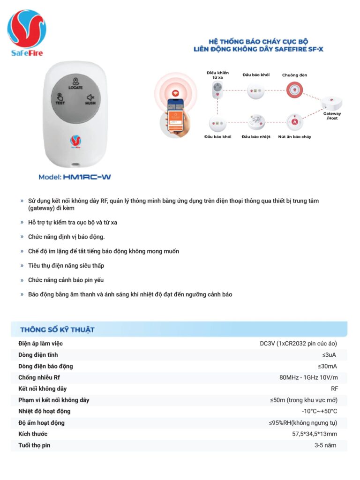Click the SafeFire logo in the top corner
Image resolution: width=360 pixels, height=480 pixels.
click(x=27, y=33)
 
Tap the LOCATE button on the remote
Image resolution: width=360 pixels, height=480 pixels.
click(x=75, y=83)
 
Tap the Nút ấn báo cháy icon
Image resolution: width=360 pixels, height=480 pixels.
click(x=294, y=122)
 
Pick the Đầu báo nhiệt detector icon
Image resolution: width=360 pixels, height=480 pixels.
click(x=256, y=122)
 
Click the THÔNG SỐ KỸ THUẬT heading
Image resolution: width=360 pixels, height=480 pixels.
click(x=57, y=330)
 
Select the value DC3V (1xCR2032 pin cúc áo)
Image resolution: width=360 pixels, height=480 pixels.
click(x=298, y=344)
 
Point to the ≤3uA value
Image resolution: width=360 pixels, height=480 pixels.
click(x=329, y=355)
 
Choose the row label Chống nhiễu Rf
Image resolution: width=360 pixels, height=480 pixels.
click(x=39, y=377)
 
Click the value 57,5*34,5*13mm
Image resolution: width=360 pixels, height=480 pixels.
click(x=314, y=434)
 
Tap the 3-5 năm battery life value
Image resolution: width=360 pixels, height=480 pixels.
click(x=325, y=445)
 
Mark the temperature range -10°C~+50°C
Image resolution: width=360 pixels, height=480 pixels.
click(x=319, y=412)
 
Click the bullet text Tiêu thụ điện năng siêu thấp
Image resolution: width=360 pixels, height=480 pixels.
click(x=66, y=266)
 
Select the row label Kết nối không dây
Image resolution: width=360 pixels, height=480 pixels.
click(x=42, y=389)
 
